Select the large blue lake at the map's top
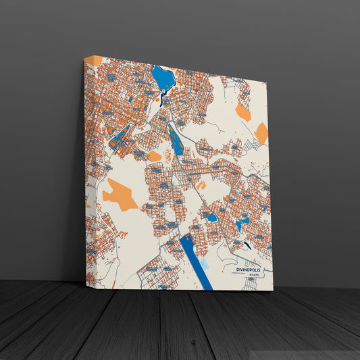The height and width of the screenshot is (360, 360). click(x=163, y=78)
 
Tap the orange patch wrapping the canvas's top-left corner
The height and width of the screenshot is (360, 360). click(x=94, y=61)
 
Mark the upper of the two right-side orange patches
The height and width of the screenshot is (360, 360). click(x=243, y=113)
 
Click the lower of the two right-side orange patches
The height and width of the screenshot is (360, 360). click(x=261, y=133)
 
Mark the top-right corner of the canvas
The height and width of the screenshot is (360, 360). click(x=268, y=80)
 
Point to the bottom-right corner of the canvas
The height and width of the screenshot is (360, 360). click(x=273, y=290)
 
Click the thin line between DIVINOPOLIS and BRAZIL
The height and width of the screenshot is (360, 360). click(x=253, y=273)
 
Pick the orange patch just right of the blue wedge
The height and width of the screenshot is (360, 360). click(x=154, y=156)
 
